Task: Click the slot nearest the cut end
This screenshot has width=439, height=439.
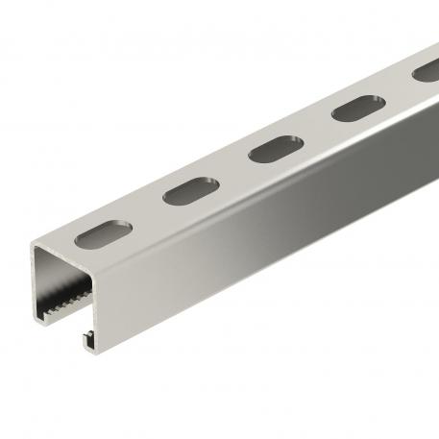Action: (x=98, y=234)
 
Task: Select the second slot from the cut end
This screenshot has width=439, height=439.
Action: (x=184, y=191)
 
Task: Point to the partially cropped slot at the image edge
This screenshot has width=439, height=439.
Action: (x=426, y=71)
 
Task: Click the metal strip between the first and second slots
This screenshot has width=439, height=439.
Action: (x=141, y=213)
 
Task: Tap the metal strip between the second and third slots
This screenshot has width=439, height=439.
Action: (x=228, y=171)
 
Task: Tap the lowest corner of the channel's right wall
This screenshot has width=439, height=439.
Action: (x=96, y=346)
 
